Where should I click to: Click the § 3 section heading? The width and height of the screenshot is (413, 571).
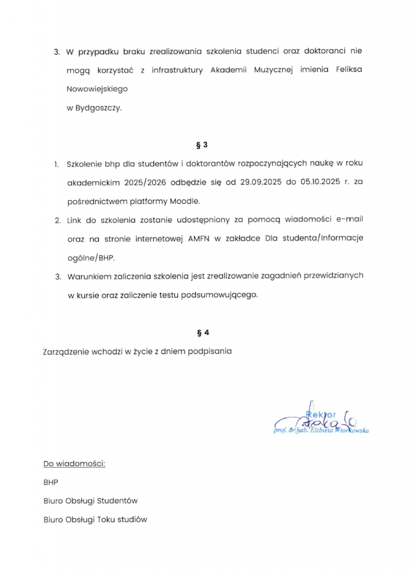pos(202,145)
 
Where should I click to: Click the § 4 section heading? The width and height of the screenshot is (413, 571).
pos(202,333)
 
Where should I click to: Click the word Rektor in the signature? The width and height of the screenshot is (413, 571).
pos(322,414)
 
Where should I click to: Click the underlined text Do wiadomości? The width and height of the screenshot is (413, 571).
pos(74,463)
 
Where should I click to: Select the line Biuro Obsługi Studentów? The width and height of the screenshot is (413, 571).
pos(90,501)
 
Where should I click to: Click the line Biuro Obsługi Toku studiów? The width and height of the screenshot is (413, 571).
pos(95,520)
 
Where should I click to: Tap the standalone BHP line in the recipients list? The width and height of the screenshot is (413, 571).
pos(51,482)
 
